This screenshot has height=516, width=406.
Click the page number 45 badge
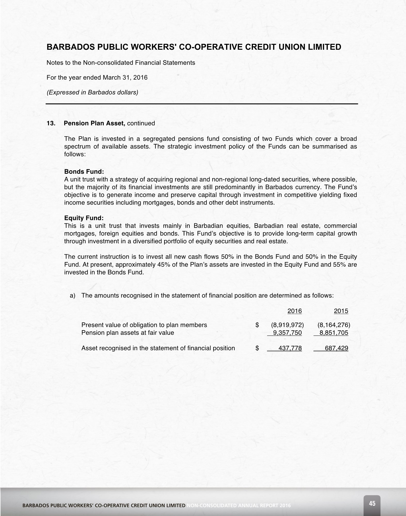click(372, 503)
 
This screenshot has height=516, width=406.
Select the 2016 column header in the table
click(294, 311)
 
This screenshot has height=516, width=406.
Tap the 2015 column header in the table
click(341, 311)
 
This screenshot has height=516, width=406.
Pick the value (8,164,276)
click(333, 325)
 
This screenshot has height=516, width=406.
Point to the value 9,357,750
click(287, 333)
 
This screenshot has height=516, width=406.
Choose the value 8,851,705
click(334, 333)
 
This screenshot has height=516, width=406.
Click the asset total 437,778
click(290, 348)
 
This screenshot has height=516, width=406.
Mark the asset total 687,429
click(337, 348)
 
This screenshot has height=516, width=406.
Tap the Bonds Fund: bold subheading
click(84, 171)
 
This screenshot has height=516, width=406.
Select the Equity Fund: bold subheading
click(84, 218)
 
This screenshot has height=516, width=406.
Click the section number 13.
click(51, 123)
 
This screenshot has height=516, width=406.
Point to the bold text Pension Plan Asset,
click(94, 123)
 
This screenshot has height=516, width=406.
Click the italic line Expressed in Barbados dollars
click(92, 92)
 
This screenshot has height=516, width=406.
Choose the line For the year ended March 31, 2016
click(97, 77)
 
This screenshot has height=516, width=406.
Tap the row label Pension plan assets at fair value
click(128, 333)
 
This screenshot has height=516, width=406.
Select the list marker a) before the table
click(73, 296)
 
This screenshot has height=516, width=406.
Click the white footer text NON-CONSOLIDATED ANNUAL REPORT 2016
click(239, 505)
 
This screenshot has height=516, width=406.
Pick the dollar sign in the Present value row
click(257, 325)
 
